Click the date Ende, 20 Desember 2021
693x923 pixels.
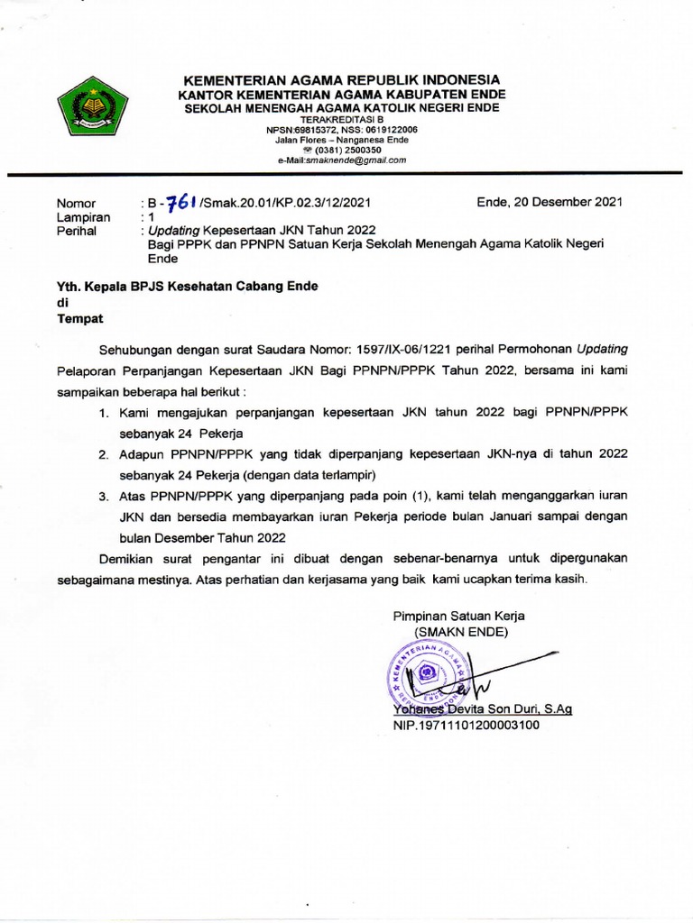549,203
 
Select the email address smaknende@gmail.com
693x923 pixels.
342,160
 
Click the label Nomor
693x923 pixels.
76,204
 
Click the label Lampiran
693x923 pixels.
83,217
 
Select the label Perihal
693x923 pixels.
78,231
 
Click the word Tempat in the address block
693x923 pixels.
81,319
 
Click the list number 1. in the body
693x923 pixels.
105,412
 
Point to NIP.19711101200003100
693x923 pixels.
466,724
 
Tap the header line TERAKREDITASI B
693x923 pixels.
342,119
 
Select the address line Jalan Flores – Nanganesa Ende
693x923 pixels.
342,140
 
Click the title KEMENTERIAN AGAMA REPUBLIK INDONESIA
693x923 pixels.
342,80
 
